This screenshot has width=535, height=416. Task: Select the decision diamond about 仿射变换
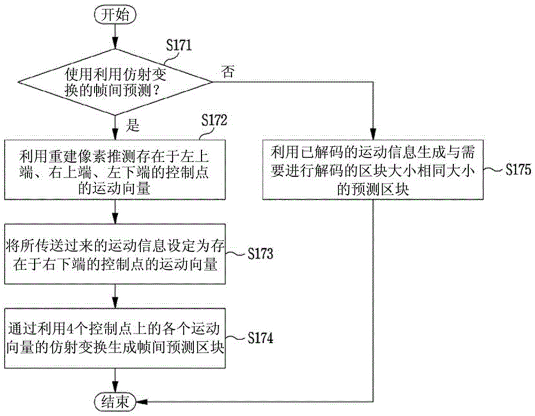[115, 82]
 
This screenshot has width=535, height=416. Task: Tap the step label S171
[179, 45]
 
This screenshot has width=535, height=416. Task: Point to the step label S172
[214, 120]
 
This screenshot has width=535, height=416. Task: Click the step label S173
[261, 254]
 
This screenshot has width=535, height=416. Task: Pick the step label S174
[261, 338]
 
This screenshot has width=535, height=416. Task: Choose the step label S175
[518, 169]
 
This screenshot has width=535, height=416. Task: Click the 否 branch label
[228, 72]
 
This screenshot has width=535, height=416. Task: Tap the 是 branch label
[133, 125]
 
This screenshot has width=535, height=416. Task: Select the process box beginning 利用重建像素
[115, 169]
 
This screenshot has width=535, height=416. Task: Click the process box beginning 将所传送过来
[115, 254]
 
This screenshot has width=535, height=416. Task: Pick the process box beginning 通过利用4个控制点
[115, 338]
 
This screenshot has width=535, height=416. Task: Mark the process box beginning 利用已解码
[373, 169]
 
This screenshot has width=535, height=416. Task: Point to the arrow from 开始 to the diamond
[115, 36]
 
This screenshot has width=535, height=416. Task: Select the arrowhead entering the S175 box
[373, 134]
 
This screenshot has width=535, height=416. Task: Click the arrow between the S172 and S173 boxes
[115, 211]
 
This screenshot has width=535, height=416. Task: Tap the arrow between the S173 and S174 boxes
[115, 296]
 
